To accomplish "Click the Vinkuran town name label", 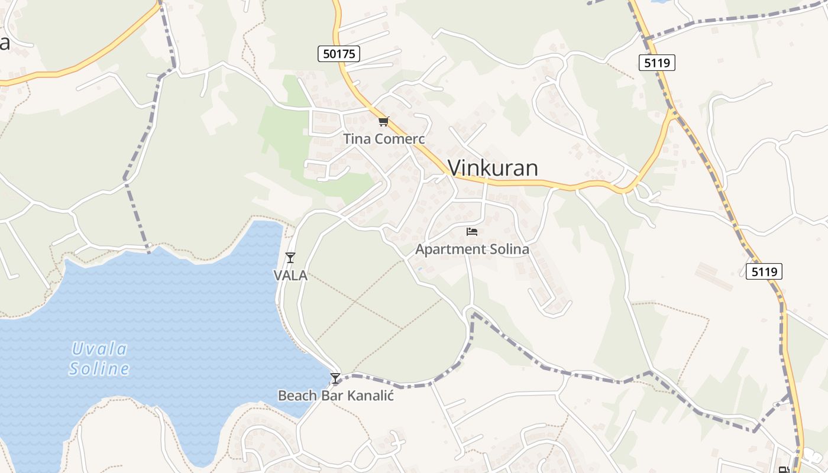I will point(493,168).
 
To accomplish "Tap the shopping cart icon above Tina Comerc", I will point(384,122).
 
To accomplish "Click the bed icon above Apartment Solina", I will point(472,231).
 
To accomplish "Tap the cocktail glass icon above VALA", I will point(290,257).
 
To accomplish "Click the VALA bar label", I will point(290,275).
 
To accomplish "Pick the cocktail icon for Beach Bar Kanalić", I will point(335,378).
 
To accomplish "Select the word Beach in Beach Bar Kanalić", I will point(296,396).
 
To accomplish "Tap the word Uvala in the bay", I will point(99,349).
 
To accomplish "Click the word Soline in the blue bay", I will point(99,369).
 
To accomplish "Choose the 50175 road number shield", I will point(339,54).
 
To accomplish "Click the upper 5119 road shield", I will point(657,62).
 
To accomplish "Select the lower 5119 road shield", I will point(764,271).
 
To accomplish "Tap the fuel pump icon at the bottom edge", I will point(784,470).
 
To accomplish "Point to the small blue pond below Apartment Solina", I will point(419,269).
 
